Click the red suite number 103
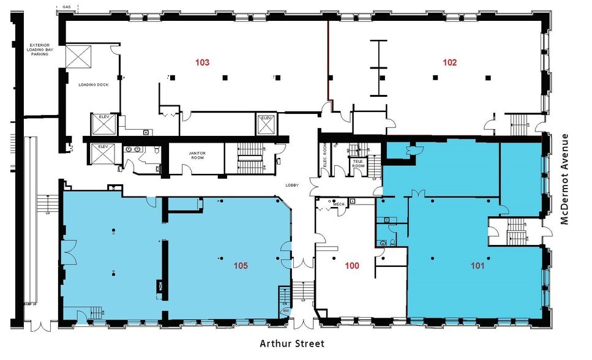(x=203, y=62)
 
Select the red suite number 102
(x=450, y=62)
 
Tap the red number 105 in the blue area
(x=241, y=266)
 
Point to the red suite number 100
(x=352, y=266)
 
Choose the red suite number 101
(x=478, y=266)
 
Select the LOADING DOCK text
(x=93, y=84)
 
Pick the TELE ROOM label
(x=357, y=163)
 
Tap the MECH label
(x=339, y=204)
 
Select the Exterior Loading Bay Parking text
(x=43, y=50)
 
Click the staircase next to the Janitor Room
(x=248, y=158)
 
